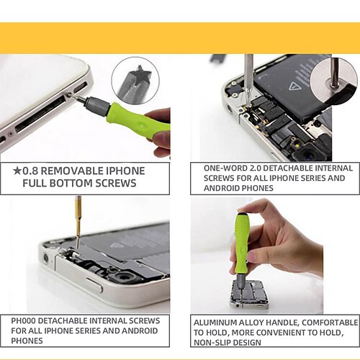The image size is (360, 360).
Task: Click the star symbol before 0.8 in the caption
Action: tap(17, 171)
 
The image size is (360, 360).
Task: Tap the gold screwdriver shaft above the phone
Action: tap(78, 221)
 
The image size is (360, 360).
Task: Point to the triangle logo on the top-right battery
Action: tap(294, 86)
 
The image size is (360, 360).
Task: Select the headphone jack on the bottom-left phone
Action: tap(45, 258)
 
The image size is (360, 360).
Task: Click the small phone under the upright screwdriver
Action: tap(250, 294)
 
